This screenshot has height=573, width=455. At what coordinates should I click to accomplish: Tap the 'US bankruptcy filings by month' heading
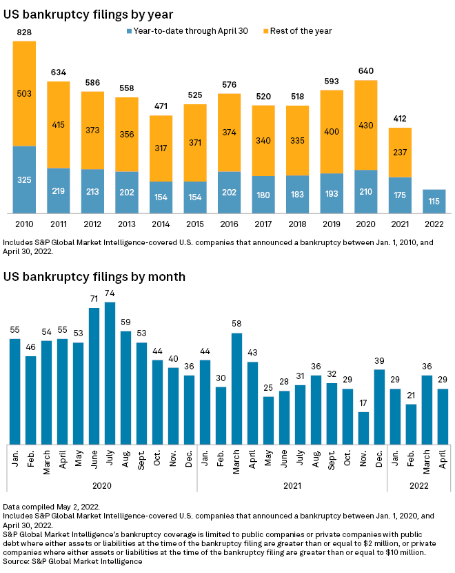(94, 277)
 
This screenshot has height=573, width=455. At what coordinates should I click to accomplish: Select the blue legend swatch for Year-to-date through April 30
(129, 31)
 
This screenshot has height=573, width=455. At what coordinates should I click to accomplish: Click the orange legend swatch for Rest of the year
(267, 31)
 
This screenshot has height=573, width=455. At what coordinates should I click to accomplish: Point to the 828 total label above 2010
(24, 32)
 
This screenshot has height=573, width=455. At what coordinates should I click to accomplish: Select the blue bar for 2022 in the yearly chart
(434, 201)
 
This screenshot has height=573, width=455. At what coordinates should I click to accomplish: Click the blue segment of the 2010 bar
(24, 179)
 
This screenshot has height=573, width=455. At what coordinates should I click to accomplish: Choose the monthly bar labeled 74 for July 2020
(110, 373)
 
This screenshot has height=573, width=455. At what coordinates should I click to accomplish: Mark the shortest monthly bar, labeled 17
(363, 429)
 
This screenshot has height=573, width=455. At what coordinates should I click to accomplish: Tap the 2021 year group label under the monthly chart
(292, 486)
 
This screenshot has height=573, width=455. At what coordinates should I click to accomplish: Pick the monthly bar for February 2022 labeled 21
(411, 425)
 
